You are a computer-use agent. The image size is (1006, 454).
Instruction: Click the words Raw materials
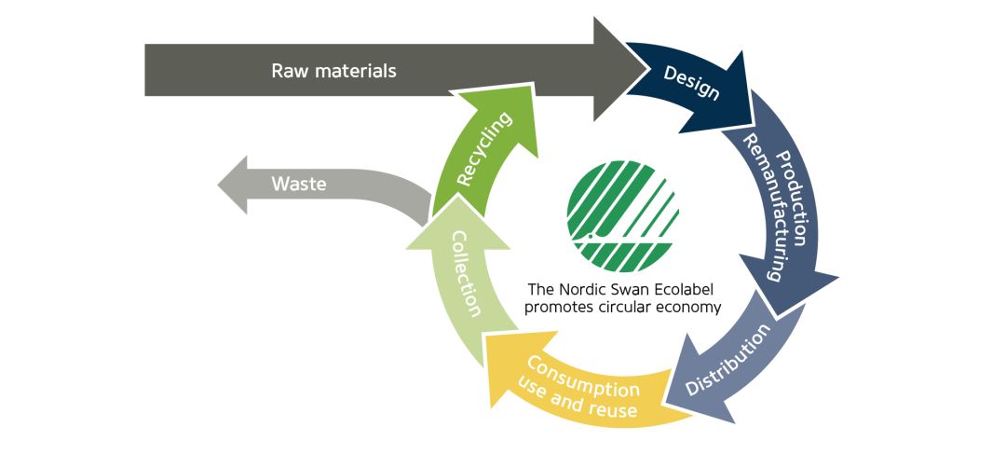(x=333, y=71)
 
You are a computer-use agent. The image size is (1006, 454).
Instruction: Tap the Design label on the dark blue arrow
(x=691, y=83)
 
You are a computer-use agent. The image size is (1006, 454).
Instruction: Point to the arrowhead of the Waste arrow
(x=233, y=185)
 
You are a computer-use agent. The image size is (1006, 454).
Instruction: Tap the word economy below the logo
(x=691, y=308)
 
